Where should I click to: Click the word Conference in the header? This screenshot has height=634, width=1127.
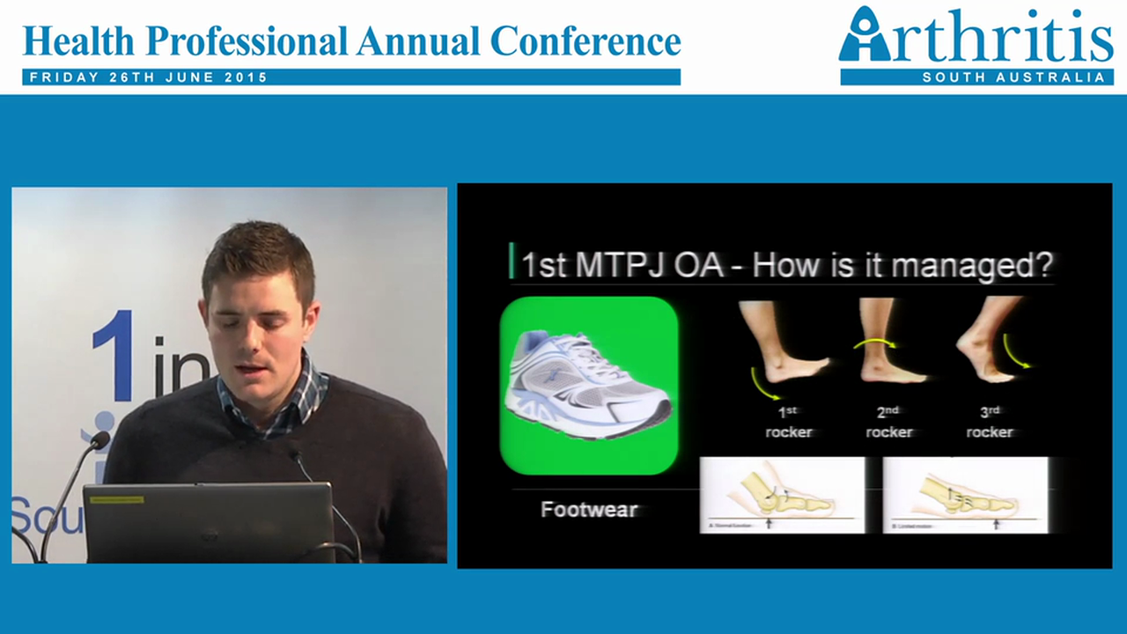coord(585,41)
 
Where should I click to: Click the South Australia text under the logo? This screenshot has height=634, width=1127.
coord(1013,77)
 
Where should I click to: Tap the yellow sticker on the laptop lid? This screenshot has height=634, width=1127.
coord(118,499)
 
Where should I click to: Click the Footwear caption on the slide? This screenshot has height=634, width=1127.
coord(588,509)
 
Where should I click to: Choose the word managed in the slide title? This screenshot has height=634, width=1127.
coord(985,264)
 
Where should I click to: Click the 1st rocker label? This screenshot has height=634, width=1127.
coord(789,422)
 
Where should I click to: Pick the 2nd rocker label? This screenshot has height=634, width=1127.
coord(889,422)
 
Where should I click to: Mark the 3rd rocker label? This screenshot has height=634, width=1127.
coord(990,422)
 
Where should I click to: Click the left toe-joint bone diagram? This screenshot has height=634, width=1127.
coord(781,496)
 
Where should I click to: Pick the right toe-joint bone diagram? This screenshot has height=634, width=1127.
coord(965,496)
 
